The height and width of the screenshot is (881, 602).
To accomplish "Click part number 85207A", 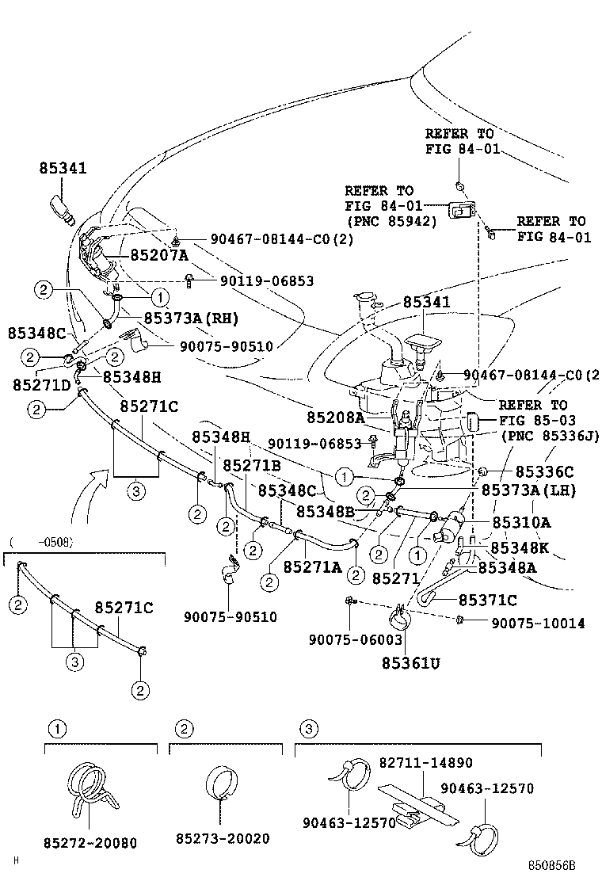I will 159,255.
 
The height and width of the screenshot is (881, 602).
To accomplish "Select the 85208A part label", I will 336,417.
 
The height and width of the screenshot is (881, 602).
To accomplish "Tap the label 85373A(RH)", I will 190,318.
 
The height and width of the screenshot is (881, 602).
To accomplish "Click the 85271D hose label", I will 42,384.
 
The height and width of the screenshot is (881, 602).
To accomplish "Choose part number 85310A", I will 522,522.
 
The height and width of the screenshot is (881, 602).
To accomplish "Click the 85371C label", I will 488,600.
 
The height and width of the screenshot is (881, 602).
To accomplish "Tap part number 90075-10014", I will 538,624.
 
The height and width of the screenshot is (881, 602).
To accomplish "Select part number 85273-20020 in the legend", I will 223,838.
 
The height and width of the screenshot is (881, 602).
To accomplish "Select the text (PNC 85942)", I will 391,222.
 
